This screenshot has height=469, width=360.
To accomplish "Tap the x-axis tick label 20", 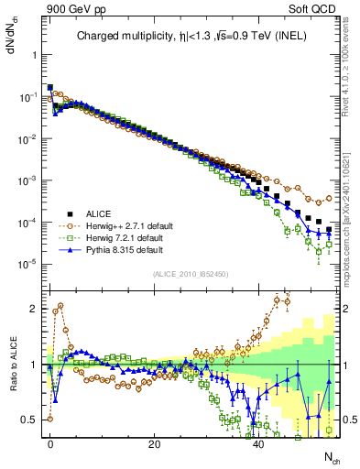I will pyautogui.click(x=154, y=443).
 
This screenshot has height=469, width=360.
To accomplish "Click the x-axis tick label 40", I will pyautogui.click(x=259, y=443).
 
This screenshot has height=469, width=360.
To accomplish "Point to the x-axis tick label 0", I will pyautogui.click(x=49, y=443).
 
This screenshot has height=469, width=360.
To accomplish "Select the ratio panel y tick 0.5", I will pyautogui.click(x=28, y=420).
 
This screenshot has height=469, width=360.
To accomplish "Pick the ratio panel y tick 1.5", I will pyautogui.click(x=28, y=337).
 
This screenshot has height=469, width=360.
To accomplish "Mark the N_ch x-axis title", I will pyautogui.click(x=331, y=456).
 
